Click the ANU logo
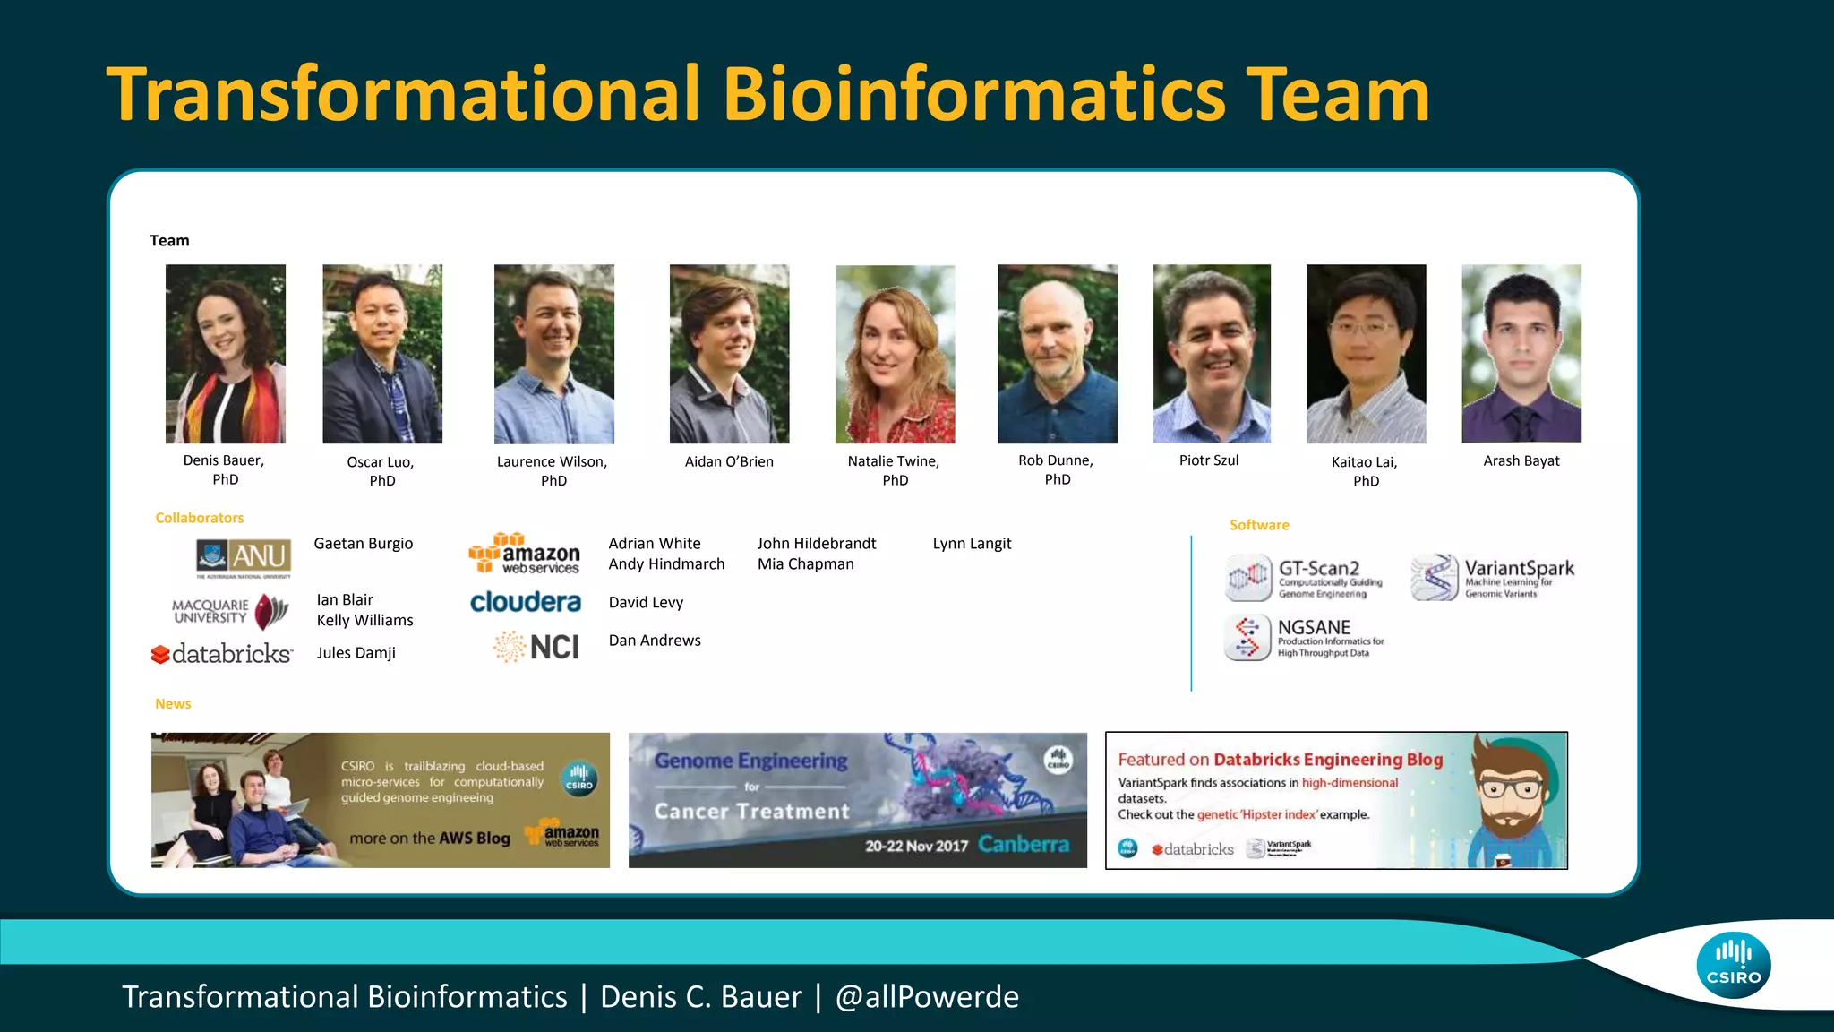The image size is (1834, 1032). pos(244,557)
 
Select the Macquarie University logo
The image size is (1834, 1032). pos(230,612)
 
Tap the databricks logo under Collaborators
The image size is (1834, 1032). pos(222,654)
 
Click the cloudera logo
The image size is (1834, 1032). pos(526,602)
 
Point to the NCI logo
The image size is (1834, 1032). pos(536,647)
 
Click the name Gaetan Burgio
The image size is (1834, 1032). pos(363,544)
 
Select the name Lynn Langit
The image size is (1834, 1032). pos(972,544)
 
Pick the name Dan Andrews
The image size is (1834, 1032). pos(655,641)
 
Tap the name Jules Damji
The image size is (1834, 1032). pos(356,653)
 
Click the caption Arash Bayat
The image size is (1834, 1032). pos(1521,460)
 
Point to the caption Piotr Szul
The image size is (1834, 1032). pos(1209,460)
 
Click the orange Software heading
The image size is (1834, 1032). pos(1259,525)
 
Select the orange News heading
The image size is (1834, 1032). pos(173,704)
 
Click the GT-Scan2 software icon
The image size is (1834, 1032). pos(1248,578)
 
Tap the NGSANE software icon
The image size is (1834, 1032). pos(1247,638)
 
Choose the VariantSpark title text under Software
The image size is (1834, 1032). pos(1519,568)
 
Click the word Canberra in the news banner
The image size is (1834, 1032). pos(1024,844)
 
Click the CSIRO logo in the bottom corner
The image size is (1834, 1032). pos(1733,965)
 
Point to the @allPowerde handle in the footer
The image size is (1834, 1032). pos(927,997)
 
